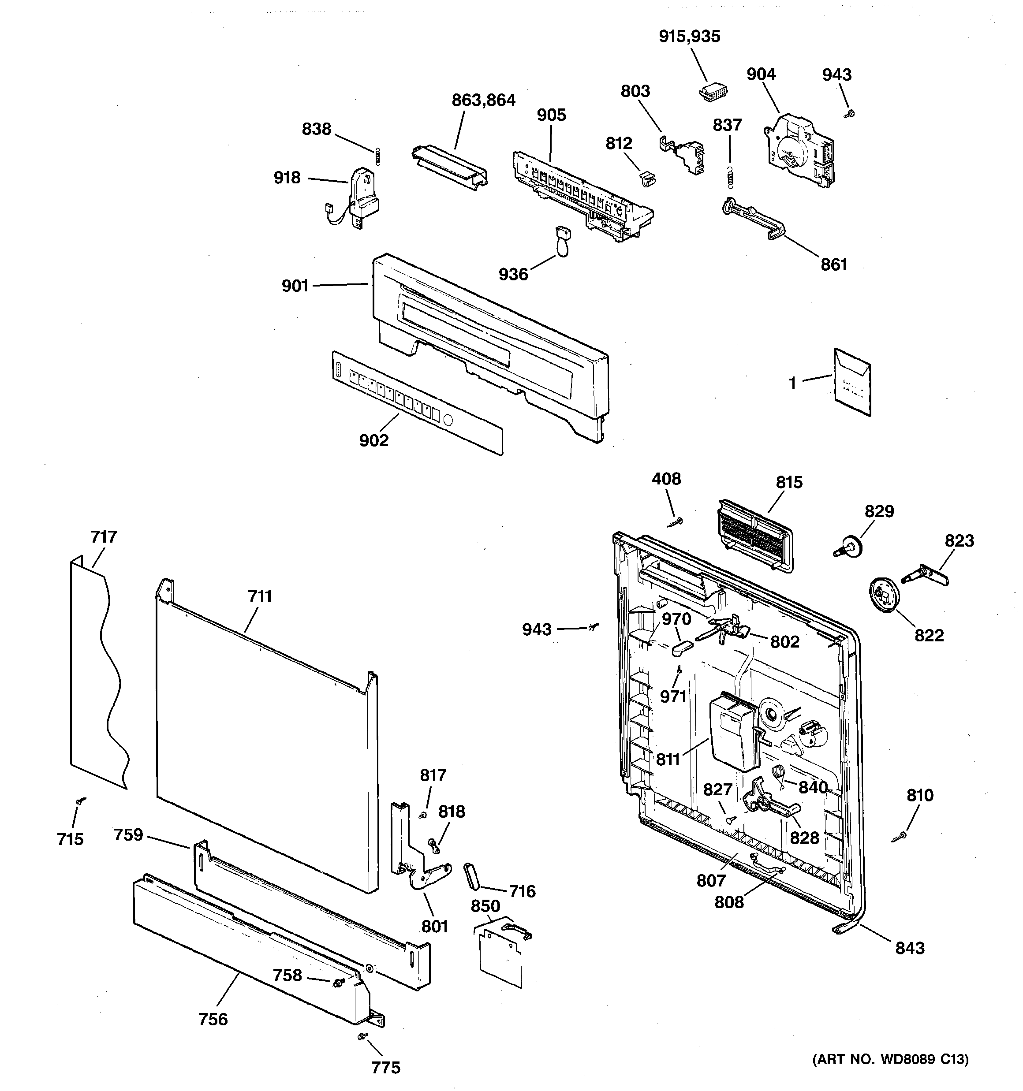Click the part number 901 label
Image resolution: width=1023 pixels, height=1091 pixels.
(295, 286)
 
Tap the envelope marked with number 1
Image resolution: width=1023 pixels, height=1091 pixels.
(852, 382)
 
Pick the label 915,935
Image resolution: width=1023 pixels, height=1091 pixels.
(689, 37)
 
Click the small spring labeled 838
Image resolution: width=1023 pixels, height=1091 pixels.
(378, 156)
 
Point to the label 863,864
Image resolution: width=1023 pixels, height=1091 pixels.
(483, 101)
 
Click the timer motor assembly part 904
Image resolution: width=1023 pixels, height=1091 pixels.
(799, 149)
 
